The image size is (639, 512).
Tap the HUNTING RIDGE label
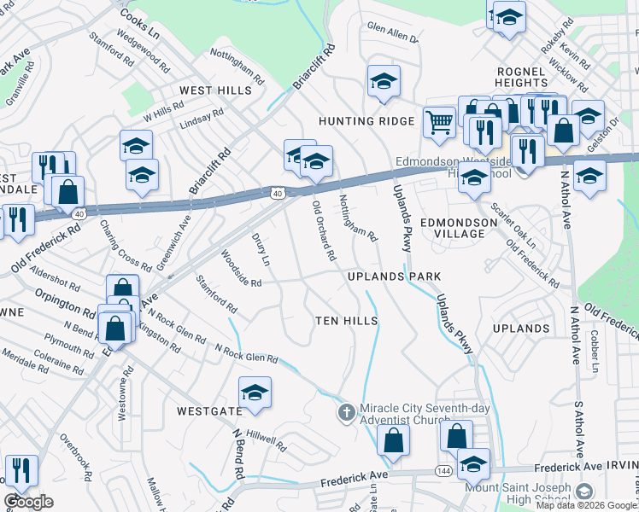[366, 121]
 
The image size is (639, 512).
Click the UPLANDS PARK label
[395, 276]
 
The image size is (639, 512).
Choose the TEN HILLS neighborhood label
[347, 320]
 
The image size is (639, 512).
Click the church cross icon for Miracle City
[346, 413]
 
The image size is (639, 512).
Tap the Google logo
[28, 502]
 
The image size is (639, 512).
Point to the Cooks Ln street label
[140, 19]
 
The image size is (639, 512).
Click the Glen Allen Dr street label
[392, 32]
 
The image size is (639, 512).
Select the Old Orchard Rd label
[324, 230]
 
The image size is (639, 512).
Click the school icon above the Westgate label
[255, 393]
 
